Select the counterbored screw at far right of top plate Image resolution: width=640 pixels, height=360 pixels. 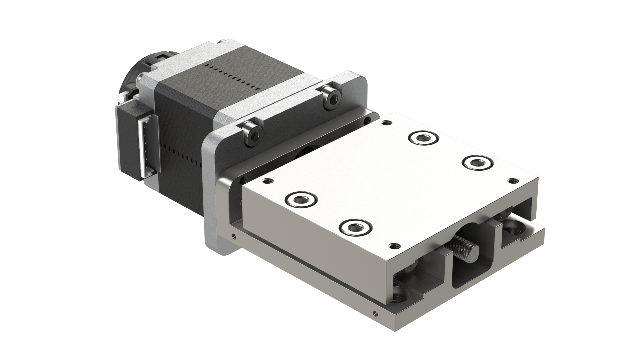pyautogui.click(x=477, y=163)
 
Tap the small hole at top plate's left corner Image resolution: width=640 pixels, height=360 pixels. pyautogui.click(x=267, y=182)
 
